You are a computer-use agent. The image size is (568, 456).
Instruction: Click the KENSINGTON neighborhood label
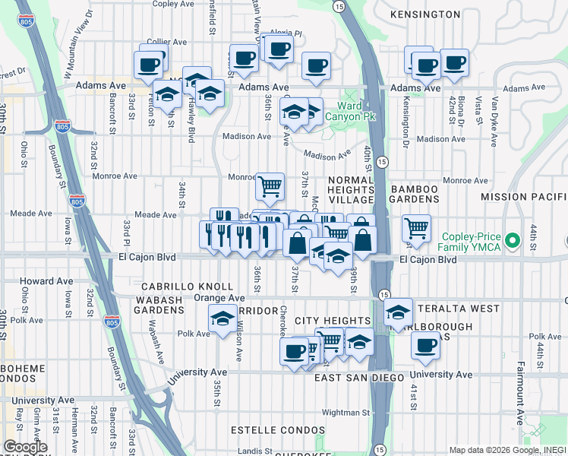point(424,14)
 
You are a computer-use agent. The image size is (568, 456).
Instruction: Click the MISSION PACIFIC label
point(524,197)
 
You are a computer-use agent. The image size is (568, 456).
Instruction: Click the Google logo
point(25,447)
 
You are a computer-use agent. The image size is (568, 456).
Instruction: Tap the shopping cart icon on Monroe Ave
point(270,185)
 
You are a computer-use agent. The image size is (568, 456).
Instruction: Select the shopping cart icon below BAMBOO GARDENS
point(416,226)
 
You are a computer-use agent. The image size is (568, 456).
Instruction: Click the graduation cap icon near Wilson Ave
point(222,319)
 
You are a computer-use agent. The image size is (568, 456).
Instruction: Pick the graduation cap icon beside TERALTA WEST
point(398,312)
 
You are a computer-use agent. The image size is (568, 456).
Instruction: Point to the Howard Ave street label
point(48,281)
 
